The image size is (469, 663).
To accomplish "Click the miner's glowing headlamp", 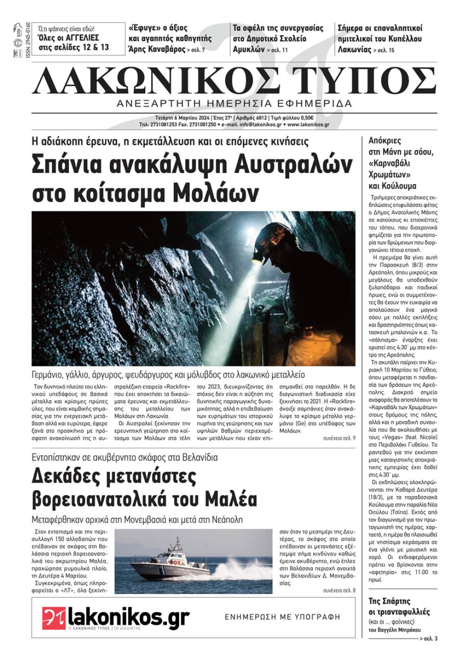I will coord(257,257).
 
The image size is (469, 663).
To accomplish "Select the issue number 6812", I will coord(258,118).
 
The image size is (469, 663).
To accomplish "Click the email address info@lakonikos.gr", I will coord(260,125).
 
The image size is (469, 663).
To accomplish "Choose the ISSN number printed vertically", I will coord(28,40).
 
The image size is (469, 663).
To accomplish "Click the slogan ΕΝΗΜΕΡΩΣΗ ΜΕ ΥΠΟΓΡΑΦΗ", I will coord(282,617).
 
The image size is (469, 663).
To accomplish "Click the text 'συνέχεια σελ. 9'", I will coord(339,438).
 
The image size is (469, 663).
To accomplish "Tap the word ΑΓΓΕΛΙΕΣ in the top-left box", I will coord(79,38).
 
